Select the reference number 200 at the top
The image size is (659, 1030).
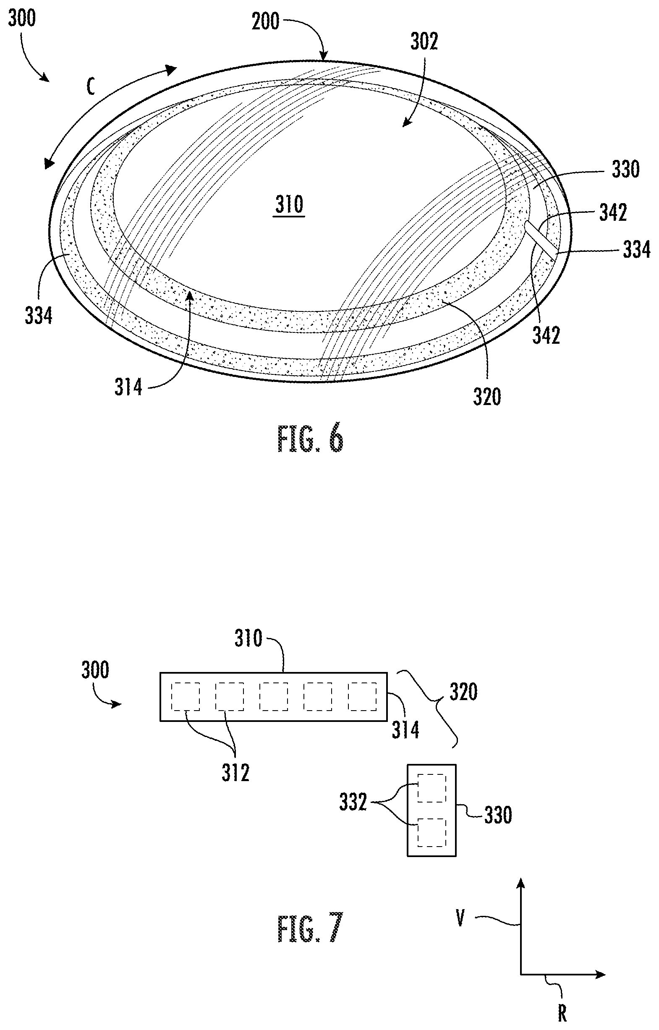pyautogui.click(x=265, y=21)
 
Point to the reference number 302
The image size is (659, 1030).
pyautogui.click(x=424, y=42)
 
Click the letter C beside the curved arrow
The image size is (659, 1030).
pyautogui.click(x=91, y=87)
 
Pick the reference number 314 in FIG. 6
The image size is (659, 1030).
pyautogui.click(x=128, y=388)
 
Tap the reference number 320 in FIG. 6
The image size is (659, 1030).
pyautogui.click(x=487, y=397)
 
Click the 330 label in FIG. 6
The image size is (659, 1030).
pyautogui.click(x=625, y=170)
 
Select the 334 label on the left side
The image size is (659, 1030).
pyautogui.click(x=39, y=316)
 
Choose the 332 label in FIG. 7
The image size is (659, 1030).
pyautogui.click(x=353, y=803)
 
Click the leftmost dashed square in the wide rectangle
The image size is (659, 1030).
pyautogui.click(x=185, y=697)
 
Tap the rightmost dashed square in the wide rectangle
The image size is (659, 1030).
pyautogui.click(x=362, y=697)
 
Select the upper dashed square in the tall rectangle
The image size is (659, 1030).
pyautogui.click(x=432, y=788)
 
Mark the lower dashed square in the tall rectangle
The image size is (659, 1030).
pyautogui.click(x=432, y=832)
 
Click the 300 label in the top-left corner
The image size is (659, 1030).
pyautogui.click(x=22, y=18)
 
